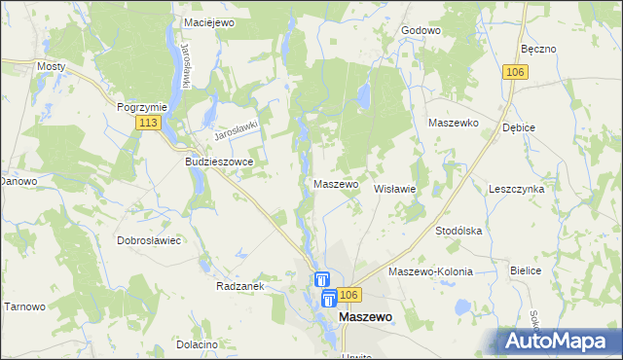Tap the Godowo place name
421,30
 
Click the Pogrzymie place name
142,107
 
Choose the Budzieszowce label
219,162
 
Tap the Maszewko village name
453,124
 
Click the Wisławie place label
395,189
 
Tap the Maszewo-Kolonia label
430,272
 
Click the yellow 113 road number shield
148,123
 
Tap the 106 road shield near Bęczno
517,72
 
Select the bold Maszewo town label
365,317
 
